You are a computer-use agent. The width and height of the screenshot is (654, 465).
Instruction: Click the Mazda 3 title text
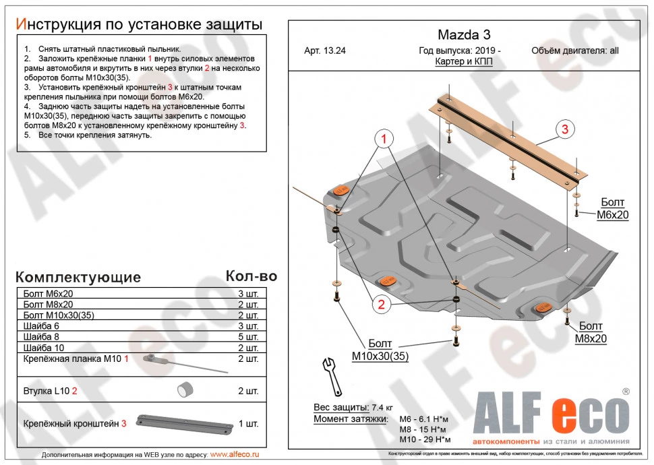point(460,34)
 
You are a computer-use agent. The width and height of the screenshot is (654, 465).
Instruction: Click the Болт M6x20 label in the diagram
point(612,209)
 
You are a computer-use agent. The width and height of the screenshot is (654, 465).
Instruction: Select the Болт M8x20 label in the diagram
point(591,334)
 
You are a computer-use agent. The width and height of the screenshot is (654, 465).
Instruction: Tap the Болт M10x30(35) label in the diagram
point(380,350)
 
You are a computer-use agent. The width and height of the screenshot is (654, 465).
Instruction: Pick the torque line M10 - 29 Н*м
point(425,439)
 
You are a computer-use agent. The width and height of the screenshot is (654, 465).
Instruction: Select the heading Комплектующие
point(78,278)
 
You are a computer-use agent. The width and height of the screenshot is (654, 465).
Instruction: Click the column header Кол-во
point(251,276)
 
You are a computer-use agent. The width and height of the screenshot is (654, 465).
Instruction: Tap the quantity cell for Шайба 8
point(248,337)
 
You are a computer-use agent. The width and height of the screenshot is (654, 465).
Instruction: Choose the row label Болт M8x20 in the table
point(49,305)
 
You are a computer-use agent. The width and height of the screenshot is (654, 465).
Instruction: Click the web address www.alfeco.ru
point(235,455)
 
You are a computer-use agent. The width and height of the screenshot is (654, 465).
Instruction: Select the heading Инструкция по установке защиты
point(139,25)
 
